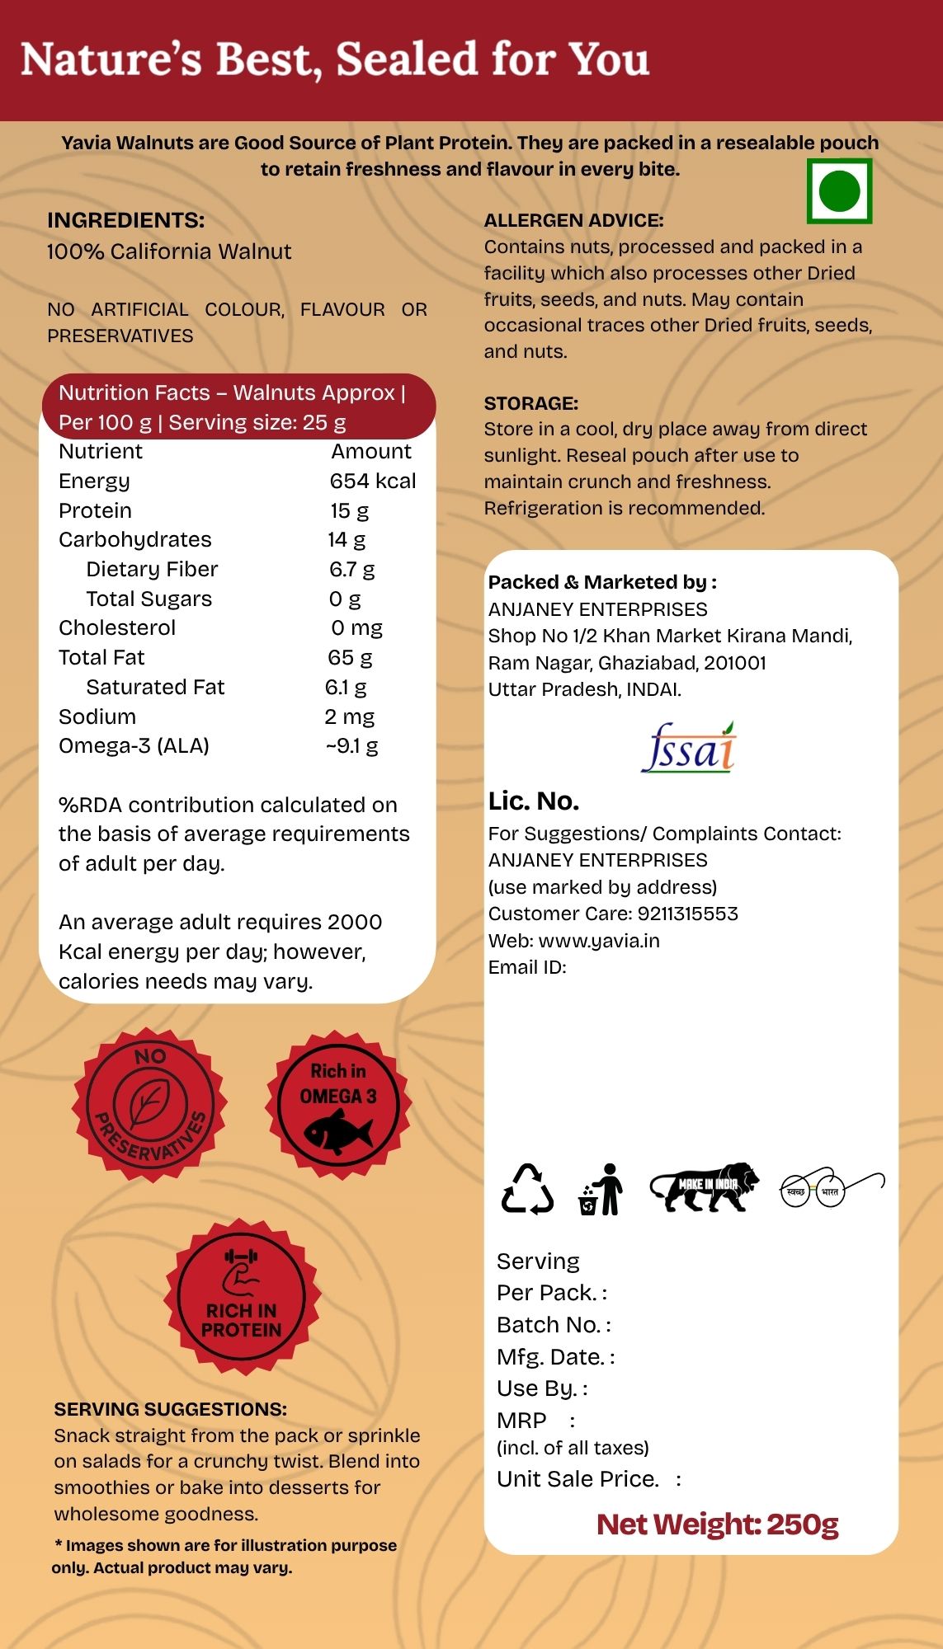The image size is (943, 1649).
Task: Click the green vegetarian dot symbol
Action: (x=839, y=191)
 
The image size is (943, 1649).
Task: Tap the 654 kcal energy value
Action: (x=373, y=481)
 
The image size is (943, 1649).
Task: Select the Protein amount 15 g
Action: (x=350, y=510)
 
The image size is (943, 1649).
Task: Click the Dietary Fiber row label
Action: (x=152, y=569)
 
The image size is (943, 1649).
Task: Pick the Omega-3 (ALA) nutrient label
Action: (x=134, y=745)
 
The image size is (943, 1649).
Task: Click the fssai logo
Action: (x=688, y=748)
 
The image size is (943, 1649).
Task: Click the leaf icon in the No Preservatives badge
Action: (x=149, y=1102)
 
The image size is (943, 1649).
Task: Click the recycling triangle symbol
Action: (x=527, y=1189)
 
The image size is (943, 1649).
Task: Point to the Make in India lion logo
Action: (x=704, y=1187)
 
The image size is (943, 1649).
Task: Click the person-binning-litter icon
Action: (x=601, y=1189)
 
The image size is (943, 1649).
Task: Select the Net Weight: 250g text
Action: (x=717, y=1525)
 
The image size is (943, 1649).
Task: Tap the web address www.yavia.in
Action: (x=599, y=941)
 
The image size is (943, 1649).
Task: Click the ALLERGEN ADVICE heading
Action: (x=573, y=220)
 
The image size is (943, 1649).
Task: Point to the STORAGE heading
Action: (x=530, y=403)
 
